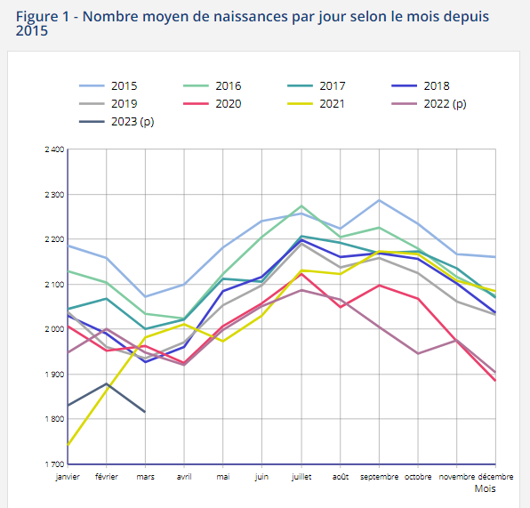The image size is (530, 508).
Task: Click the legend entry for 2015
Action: click(108, 86)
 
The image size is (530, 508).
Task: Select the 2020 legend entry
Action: click(213, 103)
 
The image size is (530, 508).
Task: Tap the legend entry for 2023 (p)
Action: click(116, 121)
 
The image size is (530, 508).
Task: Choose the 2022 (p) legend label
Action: click(429, 103)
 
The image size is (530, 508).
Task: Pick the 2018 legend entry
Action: click(421, 86)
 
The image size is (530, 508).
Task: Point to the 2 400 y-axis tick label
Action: click(54, 149)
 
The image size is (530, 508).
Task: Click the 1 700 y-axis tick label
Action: click(54, 464)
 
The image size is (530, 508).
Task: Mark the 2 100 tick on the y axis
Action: click(54, 285)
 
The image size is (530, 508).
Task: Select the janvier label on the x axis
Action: click(68, 477)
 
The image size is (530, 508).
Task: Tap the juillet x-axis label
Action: click(301, 477)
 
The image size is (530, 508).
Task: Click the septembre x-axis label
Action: click(379, 477)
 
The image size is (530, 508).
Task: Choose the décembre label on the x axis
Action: click(495, 477)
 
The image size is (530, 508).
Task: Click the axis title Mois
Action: click(485, 488)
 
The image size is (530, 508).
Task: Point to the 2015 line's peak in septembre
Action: click(379, 200)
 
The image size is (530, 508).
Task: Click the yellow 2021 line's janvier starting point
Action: click(68, 445)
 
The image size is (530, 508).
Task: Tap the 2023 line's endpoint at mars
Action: click(145, 412)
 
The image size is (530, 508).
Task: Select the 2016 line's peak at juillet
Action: click(301, 206)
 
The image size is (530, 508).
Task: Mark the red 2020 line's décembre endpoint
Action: click(495, 381)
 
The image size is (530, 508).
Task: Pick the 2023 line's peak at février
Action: click(107, 383)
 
